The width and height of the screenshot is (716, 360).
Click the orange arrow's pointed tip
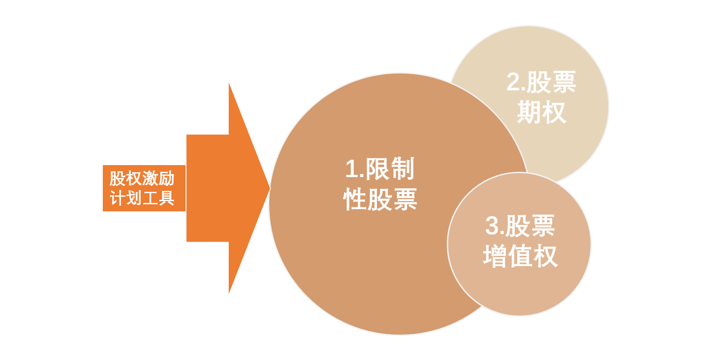point(270,188)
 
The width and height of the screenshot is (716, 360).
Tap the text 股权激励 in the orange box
point(142,178)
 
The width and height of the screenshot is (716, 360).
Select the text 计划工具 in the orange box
point(142,198)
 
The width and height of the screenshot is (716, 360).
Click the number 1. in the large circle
point(355,169)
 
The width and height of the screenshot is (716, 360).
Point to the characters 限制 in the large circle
point(390,168)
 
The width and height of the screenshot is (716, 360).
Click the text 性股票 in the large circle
point(380,199)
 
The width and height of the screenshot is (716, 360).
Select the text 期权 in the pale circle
point(542,112)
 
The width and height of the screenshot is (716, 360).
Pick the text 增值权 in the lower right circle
point(520,256)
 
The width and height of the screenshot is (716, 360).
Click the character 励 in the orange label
point(166,178)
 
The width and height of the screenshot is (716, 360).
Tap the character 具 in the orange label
point(166,198)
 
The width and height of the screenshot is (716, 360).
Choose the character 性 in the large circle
point(355,199)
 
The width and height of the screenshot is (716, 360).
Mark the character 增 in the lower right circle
point(495,256)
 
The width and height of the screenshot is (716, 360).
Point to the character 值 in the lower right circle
point(520,256)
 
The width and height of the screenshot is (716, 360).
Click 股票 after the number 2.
point(551,82)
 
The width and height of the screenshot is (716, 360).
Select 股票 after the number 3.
point(530,226)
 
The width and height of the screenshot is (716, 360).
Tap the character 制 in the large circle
point(402,168)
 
